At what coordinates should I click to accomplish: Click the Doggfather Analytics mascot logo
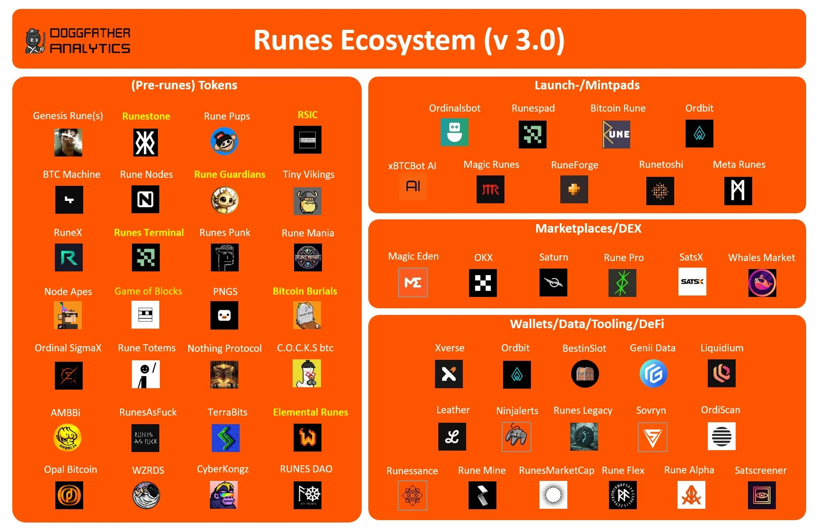coord(35,41)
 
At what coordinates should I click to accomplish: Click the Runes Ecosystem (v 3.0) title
coord(409,40)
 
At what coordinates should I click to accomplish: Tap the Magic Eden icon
coord(413,283)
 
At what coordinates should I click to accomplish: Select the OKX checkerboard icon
coord(483,283)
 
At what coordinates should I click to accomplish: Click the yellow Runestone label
coord(146,116)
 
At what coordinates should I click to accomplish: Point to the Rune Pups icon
coord(224,141)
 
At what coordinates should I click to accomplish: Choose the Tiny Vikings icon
coord(307,201)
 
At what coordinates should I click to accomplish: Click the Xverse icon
coord(449,374)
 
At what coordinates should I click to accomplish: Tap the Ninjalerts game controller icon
coord(516,436)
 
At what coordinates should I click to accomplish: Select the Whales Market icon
coord(762,283)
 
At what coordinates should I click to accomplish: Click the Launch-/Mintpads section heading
coord(587,85)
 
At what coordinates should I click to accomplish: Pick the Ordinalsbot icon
coord(454,132)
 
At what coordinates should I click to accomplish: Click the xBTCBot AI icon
coord(413,186)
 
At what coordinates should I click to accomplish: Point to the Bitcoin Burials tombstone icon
coord(307,315)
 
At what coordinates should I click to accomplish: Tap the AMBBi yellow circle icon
coord(68,437)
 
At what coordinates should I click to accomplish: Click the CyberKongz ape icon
coord(224,495)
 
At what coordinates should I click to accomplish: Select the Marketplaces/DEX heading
coord(588,229)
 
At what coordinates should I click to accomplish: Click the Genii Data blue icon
coord(653,374)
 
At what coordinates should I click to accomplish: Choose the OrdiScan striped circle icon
coord(721,436)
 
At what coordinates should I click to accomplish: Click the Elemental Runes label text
coord(310,412)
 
